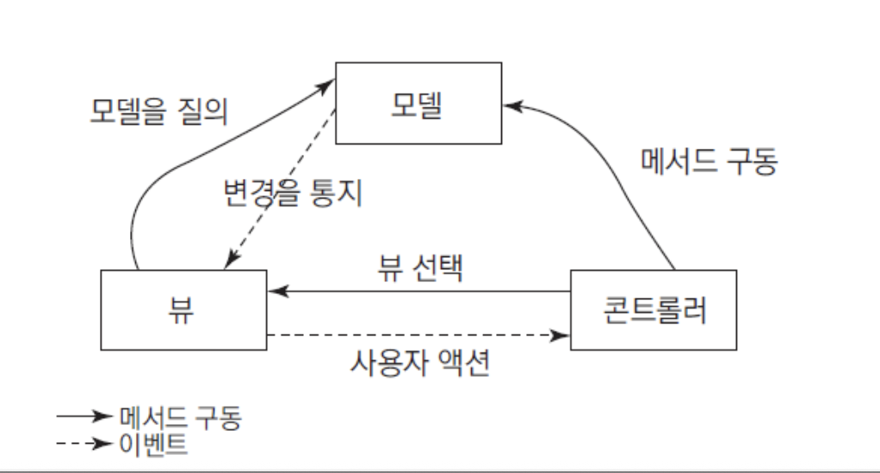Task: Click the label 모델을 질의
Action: (158, 111)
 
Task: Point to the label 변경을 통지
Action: (293, 193)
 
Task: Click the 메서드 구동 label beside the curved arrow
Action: (709, 161)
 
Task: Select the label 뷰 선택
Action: (420, 267)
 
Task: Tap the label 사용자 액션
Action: (420, 363)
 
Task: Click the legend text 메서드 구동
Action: (180, 417)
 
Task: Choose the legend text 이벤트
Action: (153, 445)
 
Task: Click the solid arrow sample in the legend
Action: (84, 416)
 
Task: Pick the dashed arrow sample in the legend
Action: (84, 443)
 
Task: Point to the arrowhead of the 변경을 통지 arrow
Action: (231, 261)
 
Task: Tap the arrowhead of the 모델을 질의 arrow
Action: (325, 85)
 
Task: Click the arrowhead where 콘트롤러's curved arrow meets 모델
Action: (513, 106)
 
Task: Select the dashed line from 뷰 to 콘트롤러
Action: (418, 335)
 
